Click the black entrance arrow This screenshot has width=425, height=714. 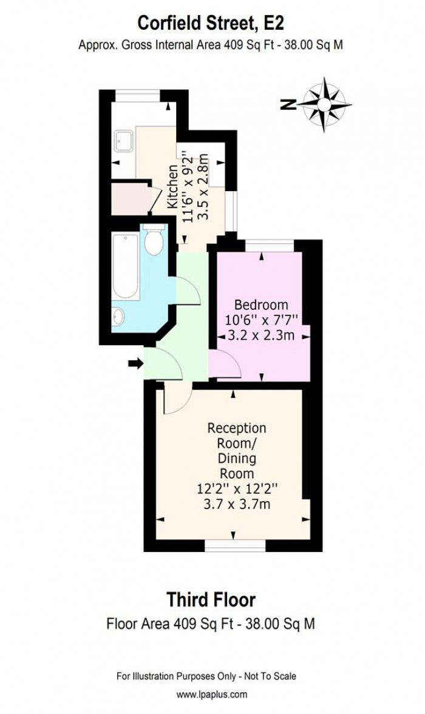(x=135, y=363)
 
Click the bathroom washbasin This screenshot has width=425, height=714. (x=118, y=316)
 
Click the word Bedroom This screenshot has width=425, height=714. (x=262, y=304)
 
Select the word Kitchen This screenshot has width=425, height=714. (x=172, y=186)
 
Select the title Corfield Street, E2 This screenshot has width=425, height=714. (x=211, y=23)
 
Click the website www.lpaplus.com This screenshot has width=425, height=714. (x=211, y=695)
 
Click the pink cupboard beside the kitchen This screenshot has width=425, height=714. (x=129, y=197)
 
